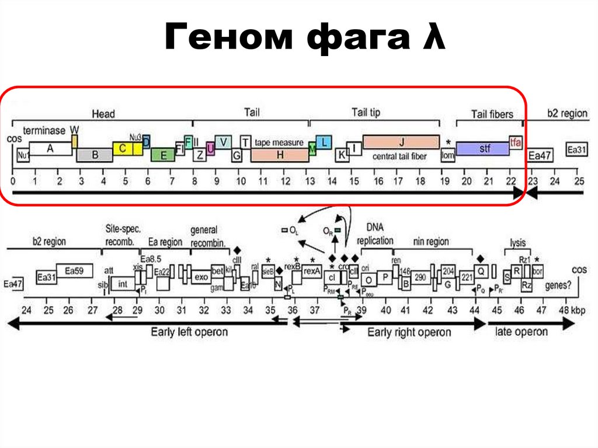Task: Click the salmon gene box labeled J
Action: tap(401, 142)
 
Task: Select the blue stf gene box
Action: tap(482, 148)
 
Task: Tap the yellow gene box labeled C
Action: tap(123, 148)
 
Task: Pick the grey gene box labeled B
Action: tap(94, 155)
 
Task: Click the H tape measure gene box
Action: tap(280, 155)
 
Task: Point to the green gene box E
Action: tap(163, 155)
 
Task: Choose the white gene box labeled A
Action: tap(50, 148)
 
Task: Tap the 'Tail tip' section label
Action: tap(366, 112)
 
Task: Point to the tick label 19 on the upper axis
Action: tap(445, 182)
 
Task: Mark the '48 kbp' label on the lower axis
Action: tap(571, 310)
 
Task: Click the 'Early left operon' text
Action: tap(189, 332)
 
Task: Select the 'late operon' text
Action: tap(521, 332)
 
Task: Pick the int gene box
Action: tap(123, 284)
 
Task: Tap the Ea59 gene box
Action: tap(74, 270)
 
